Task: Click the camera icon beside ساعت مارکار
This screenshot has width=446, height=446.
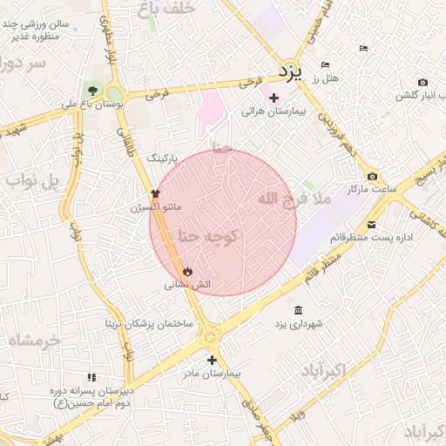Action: pos(372,175)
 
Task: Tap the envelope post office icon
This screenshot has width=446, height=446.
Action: pos(372,224)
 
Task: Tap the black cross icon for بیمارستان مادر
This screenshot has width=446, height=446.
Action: pos(212,359)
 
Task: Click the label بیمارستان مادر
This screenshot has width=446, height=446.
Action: pos(211,373)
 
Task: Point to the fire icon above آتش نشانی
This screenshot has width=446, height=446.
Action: pos(187,271)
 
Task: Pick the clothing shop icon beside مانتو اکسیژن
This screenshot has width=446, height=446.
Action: pos(156,193)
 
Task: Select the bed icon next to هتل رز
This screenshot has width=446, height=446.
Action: pos(326,65)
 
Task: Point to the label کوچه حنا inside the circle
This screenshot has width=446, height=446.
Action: pos(207,234)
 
